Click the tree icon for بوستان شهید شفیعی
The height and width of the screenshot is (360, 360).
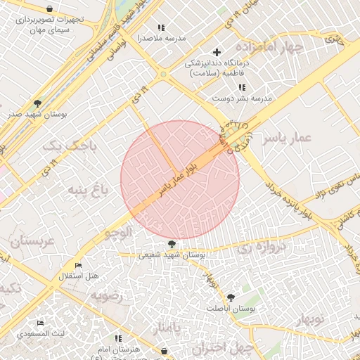[172, 245]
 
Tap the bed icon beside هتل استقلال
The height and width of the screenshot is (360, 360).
[79, 265]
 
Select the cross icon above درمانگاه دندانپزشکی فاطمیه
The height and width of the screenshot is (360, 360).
[217, 52]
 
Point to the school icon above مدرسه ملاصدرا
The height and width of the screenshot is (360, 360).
[161, 27]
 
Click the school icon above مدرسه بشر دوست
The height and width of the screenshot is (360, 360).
[242, 87]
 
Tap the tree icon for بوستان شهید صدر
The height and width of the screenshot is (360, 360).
[37, 103]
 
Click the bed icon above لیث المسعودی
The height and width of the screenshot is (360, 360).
[40, 323]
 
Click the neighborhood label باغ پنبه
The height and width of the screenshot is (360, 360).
[91, 189]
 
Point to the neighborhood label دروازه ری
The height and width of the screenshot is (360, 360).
[262, 247]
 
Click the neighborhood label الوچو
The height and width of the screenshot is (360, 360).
[117, 231]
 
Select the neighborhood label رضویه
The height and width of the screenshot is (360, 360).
[106, 295]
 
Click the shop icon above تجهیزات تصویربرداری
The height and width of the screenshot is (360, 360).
[49, 8]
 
